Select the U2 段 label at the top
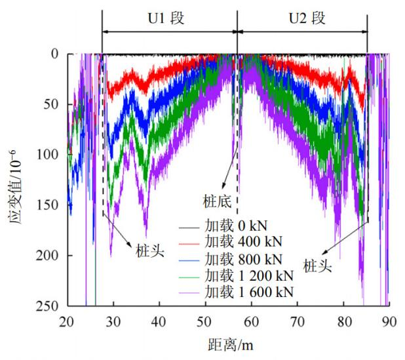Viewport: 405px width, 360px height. tap(307, 18)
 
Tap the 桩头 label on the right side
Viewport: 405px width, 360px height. tap(318, 266)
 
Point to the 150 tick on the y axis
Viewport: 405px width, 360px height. tap(50, 205)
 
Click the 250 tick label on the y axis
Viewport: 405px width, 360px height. tap(50, 306)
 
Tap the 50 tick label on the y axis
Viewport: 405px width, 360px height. tap(53, 104)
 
